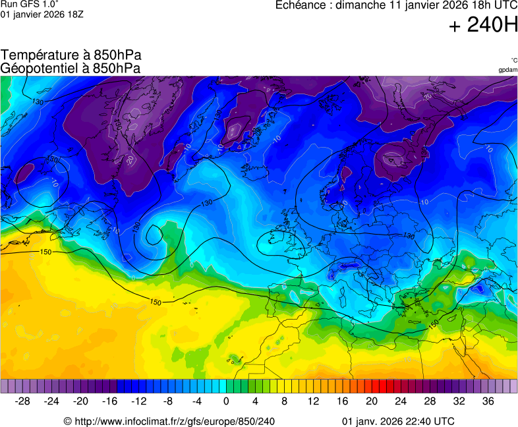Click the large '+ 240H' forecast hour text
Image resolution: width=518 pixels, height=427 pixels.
(482, 26)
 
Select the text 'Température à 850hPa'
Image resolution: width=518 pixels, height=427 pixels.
(71, 55)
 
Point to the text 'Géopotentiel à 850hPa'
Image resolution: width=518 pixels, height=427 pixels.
(71, 68)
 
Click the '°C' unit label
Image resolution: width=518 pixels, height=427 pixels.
(513, 61)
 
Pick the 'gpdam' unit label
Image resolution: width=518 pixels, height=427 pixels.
(507, 69)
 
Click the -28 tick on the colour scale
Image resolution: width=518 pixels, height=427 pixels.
(23, 401)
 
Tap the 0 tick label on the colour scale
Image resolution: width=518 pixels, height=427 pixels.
(226, 401)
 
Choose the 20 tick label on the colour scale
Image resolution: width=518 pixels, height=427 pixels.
(371, 401)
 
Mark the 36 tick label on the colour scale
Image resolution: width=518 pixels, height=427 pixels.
(488, 401)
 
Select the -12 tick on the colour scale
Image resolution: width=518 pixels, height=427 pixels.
(139, 401)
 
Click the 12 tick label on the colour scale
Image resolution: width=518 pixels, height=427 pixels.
(313, 401)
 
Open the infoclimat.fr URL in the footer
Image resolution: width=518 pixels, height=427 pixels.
(169, 421)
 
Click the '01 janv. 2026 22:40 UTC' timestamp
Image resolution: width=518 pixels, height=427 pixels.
(398, 421)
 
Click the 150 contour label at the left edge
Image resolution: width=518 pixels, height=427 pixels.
(45, 252)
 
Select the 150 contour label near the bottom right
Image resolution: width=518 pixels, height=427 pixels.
(433, 324)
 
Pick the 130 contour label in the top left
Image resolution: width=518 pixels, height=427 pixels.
(38, 102)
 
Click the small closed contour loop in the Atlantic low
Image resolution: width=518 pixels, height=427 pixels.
(154, 234)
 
